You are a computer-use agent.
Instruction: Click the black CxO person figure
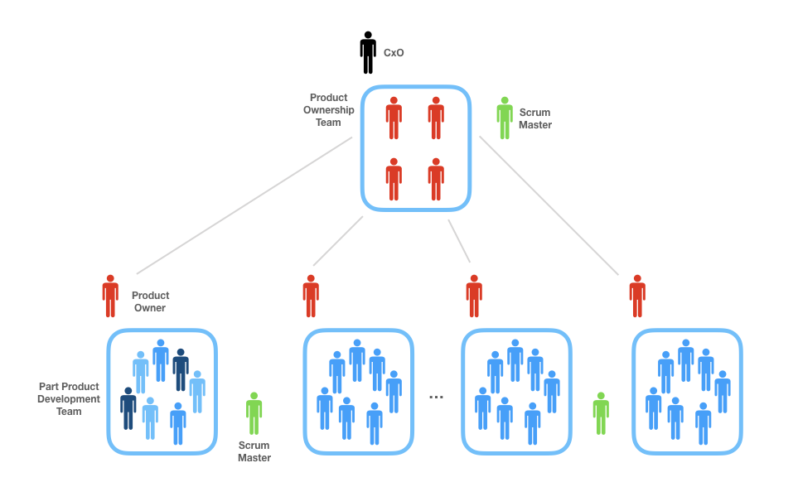pyautogui.click(x=368, y=52)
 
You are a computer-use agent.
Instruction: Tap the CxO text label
pyautogui.click(x=394, y=53)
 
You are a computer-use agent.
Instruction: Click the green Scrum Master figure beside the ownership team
pyautogui.click(x=504, y=118)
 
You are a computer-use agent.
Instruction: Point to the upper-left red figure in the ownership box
pyautogui.click(x=394, y=118)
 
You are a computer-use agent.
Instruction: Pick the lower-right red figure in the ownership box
pyautogui.click(x=436, y=179)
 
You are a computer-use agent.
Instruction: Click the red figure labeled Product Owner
pyautogui.click(x=110, y=296)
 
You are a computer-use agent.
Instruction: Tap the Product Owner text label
pyautogui.click(x=150, y=301)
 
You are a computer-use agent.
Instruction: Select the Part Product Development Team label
pyautogui.click(x=70, y=399)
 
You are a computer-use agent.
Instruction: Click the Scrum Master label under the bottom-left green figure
pyautogui.click(x=254, y=451)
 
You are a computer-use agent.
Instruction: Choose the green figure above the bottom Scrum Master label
pyautogui.click(x=254, y=413)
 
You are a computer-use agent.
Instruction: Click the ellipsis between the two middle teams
pyautogui.click(x=437, y=398)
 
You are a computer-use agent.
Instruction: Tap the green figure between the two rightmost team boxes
pyautogui.click(x=601, y=413)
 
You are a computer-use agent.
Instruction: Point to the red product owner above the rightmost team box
pyautogui.click(x=637, y=296)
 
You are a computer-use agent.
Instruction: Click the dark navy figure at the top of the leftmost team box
pyautogui.click(x=181, y=369)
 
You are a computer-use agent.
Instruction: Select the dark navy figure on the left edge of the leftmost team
pyautogui.click(x=128, y=407)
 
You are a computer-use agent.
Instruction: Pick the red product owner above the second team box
pyautogui.click(x=311, y=296)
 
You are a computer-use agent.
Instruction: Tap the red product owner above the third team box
pyautogui.click(x=474, y=296)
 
